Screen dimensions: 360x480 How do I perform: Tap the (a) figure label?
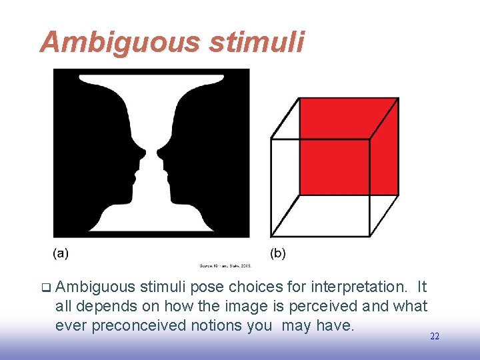click(x=61, y=253)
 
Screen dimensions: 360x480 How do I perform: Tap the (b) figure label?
click(x=278, y=253)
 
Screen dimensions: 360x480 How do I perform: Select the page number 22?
click(x=435, y=337)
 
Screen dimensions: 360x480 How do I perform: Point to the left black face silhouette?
click(x=93, y=153)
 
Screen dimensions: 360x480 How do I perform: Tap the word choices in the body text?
click(x=253, y=287)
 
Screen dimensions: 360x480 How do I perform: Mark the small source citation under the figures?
click(x=225, y=265)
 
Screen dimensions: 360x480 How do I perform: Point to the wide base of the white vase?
click(x=151, y=223)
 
